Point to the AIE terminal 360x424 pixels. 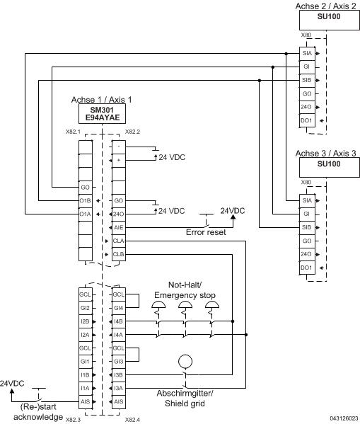(x=118, y=228)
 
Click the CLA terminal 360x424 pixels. (x=118, y=241)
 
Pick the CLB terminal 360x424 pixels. (x=118, y=254)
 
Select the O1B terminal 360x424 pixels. (x=86, y=201)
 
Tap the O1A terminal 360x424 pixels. (x=86, y=214)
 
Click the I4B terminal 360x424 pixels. (x=118, y=321)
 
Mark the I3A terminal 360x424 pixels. (x=118, y=388)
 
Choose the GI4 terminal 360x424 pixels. (x=118, y=307)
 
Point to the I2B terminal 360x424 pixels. (x=86, y=321)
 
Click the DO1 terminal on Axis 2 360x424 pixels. (x=306, y=120)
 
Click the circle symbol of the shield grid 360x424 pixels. (x=185, y=360)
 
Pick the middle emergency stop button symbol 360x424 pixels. (x=185, y=306)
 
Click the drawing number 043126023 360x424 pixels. (x=343, y=418)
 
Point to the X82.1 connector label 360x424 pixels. (x=73, y=132)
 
